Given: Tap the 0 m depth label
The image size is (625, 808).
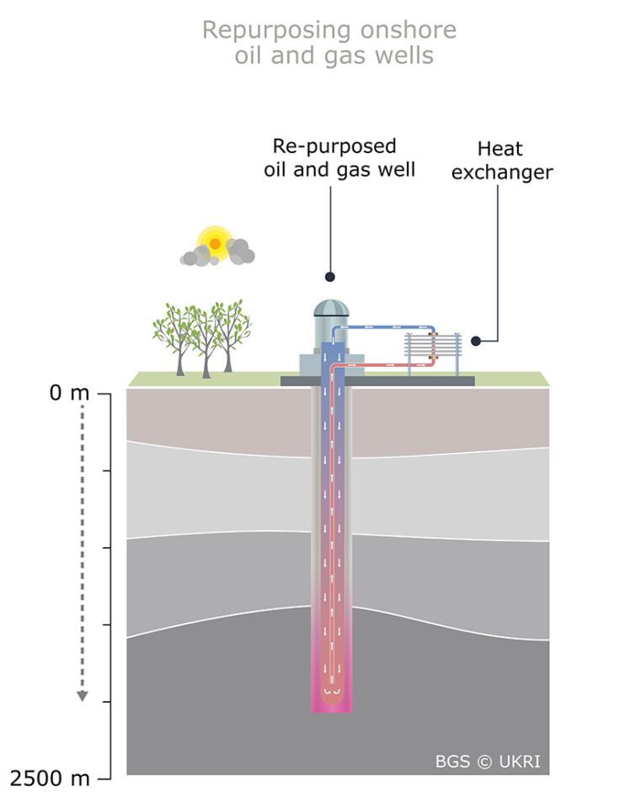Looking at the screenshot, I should click(x=68, y=393).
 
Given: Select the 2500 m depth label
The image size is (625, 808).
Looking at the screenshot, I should click(x=51, y=779).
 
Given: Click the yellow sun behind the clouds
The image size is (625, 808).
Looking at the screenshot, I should click(x=215, y=243).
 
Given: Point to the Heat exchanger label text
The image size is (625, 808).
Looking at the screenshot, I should click(x=501, y=161).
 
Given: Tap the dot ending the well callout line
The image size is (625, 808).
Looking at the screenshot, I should click(x=330, y=276).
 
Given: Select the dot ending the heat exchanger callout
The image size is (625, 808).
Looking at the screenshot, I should click(x=476, y=341).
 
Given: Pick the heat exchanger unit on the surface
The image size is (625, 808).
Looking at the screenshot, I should click(x=434, y=353).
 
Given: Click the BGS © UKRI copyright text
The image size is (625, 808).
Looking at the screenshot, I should click(x=487, y=763).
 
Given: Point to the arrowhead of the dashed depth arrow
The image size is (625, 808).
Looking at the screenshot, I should click(x=83, y=695).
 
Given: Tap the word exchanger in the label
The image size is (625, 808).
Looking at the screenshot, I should click(x=502, y=173).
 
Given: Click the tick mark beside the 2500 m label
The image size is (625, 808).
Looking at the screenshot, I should click(x=104, y=779).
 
